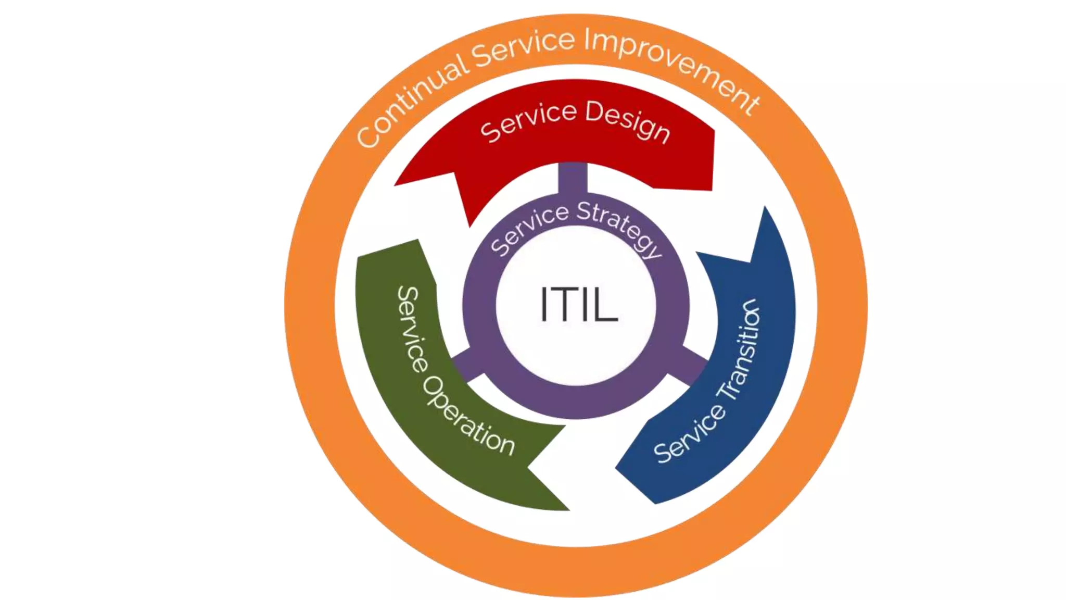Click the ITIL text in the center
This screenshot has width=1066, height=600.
point(579,304)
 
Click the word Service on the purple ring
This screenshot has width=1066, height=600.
point(529,229)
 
